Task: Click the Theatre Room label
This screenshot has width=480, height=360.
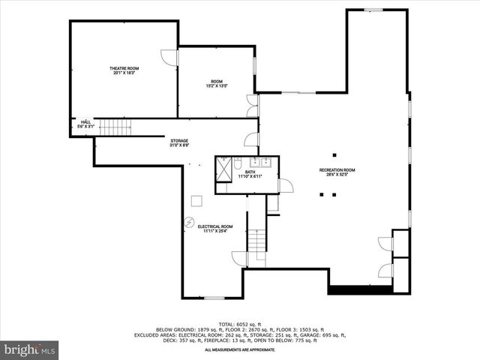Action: (x=125, y=71)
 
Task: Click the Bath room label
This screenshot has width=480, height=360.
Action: (x=250, y=174)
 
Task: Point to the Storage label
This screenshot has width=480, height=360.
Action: (x=178, y=142)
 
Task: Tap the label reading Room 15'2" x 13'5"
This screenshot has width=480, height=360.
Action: (x=217, y=83)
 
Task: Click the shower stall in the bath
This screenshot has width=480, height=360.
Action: (x=223, y=166)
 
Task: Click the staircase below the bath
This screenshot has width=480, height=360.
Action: (x=257, y=240)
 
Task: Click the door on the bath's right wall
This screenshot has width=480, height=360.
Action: (x=286, y=187)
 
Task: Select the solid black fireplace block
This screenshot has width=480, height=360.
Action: (x=360, y=289)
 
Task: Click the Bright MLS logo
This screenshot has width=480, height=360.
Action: (x=30, y=349)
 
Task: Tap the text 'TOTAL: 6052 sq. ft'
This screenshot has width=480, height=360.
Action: (x=240, y=323)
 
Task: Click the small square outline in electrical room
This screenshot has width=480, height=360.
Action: (x=196, y=199)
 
